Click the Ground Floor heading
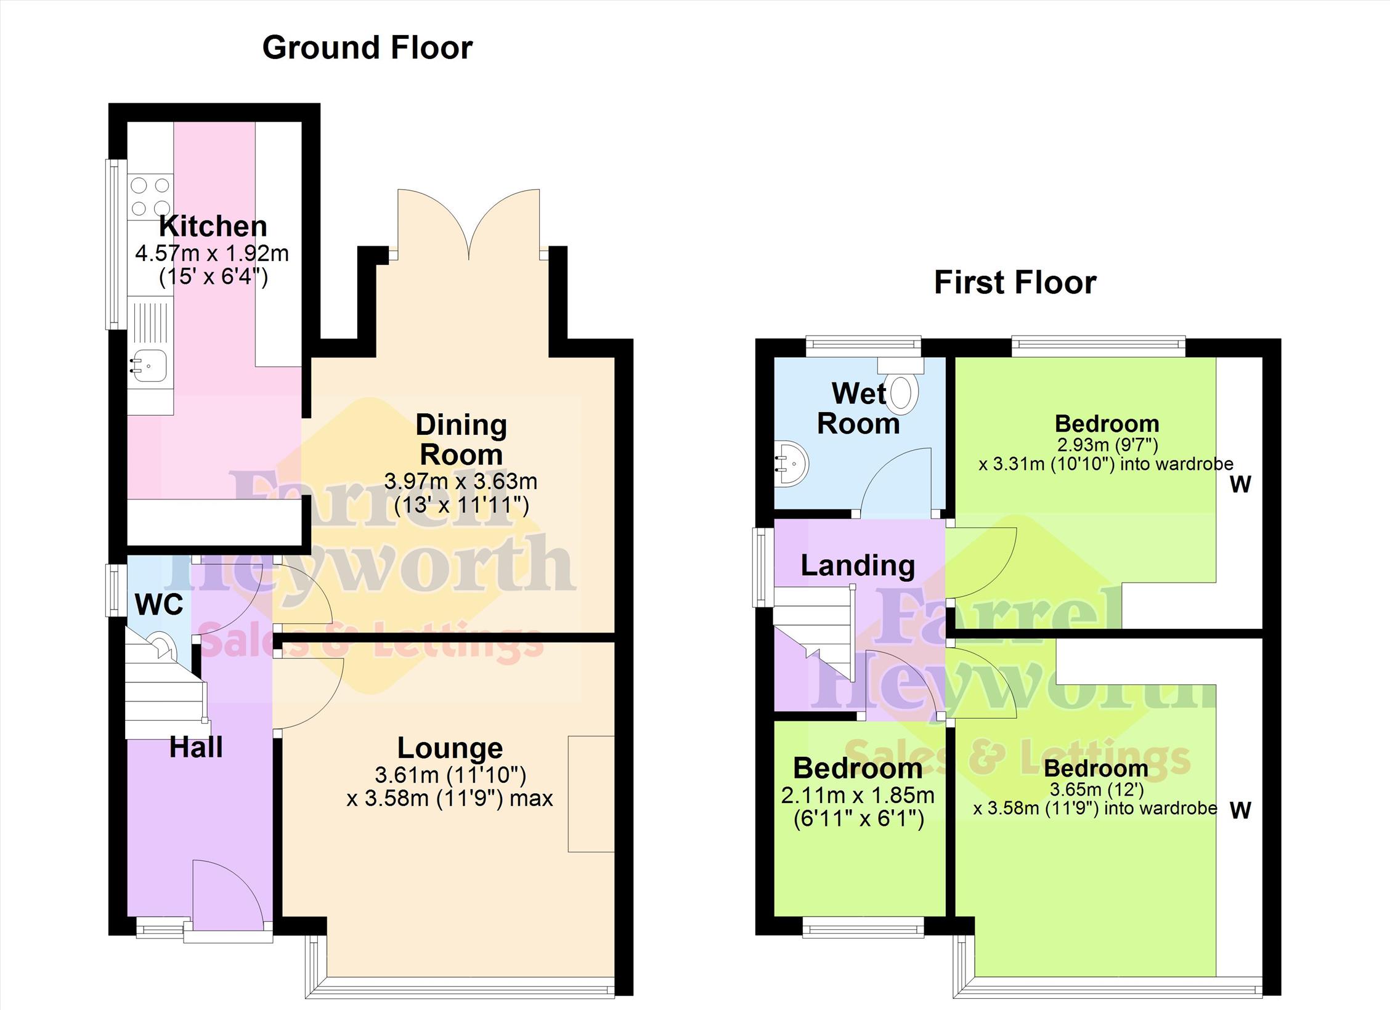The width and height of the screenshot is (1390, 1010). tap(367, 48)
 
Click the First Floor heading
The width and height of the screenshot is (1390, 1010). tap(1015, 283)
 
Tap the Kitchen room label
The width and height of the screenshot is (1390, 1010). tap(213, 226)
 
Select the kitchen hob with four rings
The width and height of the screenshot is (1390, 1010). tap(150, 196)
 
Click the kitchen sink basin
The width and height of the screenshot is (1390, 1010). tap(149, 366)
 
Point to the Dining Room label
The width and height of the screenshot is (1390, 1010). tap(461, 440)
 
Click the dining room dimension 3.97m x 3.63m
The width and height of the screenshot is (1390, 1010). tap(461, 481)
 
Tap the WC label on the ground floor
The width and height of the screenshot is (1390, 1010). tap(159, 605)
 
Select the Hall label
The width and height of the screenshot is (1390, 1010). tap(196, 747)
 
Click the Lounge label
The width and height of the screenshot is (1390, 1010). tap(450, 748)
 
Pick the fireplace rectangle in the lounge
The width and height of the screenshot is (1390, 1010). tap(591, 794)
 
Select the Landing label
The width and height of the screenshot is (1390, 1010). tap(858, 565)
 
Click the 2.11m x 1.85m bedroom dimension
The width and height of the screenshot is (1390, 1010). tap(858, 795)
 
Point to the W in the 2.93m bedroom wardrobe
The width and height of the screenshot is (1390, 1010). tap(1240, 485)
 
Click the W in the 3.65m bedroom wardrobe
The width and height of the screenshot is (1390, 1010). tap(1240, 810)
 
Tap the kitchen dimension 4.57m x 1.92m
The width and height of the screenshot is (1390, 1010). tap(212, 253)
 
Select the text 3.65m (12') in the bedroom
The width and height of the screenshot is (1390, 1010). tap(1097, 790)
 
